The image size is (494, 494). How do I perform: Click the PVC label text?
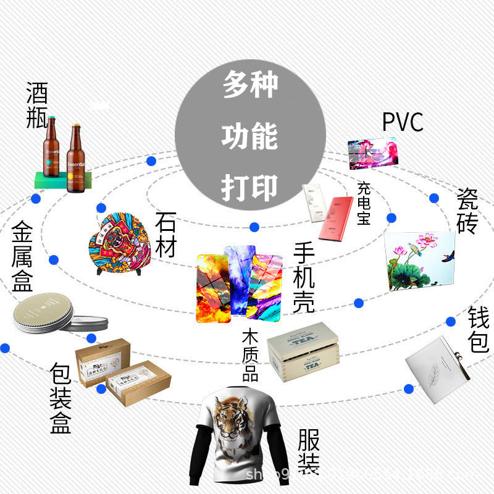(403, 122)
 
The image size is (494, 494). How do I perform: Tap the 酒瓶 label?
(37, 106)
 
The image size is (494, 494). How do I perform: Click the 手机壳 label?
(304, 278)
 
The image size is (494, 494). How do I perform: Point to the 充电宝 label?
(363, 203)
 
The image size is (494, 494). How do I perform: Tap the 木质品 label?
(250, 356)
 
